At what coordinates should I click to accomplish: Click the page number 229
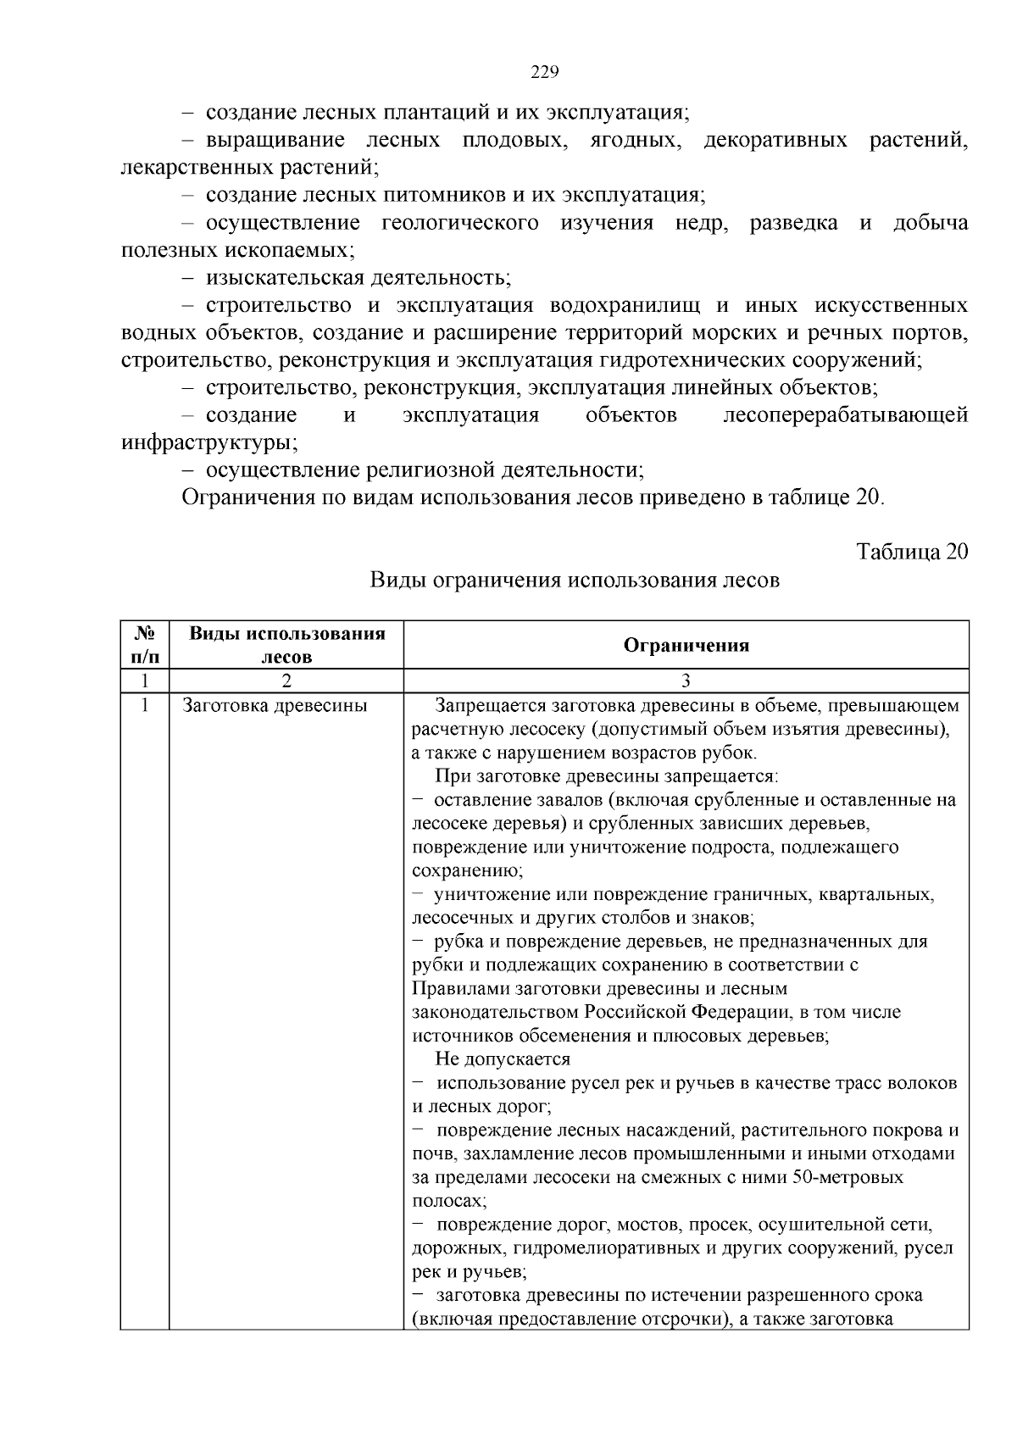[x=544, y=72]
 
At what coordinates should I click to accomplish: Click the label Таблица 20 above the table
[x=912, y=552]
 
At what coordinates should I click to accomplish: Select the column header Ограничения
[x=686, y=646]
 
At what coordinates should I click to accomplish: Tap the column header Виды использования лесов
[x=286, y=645]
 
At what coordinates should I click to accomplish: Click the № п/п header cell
[x=145, y=645]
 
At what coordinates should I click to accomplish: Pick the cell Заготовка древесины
[x=275, y=705]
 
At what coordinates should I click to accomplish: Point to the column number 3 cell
[x=686, y=681]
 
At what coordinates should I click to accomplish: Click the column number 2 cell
[x=286, y=681]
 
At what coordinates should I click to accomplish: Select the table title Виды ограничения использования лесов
[x=575, y=581]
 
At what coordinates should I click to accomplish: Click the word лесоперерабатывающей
[x=845, y=415]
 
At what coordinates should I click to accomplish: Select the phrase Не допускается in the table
[x=503, y=1059]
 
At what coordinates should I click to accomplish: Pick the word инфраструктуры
[x=208, y=442]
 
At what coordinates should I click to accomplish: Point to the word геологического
[x=460, y=223]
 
